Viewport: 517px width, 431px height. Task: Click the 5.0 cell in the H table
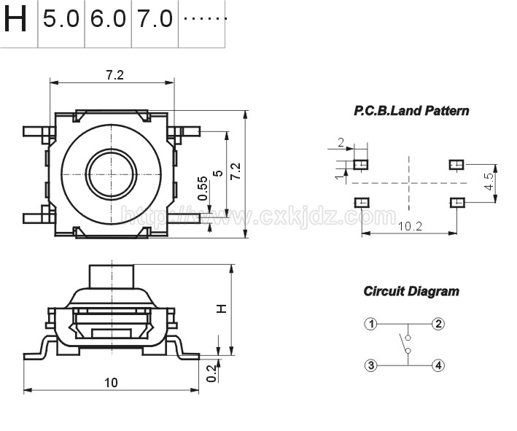61,18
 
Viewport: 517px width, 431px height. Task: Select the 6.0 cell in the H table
108,18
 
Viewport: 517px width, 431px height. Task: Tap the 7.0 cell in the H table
155,18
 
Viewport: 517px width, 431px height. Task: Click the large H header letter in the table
15,19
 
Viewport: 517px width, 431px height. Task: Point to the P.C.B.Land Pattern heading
411,111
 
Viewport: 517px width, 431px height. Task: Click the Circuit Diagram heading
411,292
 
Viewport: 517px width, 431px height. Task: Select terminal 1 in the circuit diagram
371,324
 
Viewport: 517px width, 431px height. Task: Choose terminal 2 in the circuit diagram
438,324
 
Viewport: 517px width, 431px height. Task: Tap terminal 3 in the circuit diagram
371,365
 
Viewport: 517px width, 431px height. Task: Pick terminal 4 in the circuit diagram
438,365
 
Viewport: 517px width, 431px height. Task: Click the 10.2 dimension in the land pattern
410,227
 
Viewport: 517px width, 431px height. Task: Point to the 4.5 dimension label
489,182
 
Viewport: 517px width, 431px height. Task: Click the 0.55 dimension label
203,188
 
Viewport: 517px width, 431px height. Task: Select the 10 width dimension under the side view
111,383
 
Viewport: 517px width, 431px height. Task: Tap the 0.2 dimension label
211,373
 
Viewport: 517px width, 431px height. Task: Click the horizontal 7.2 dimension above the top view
114,75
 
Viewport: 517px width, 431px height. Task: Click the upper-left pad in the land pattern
361,164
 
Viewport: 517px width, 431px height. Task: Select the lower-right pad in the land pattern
457,202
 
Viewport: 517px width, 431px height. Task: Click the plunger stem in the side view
112,276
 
